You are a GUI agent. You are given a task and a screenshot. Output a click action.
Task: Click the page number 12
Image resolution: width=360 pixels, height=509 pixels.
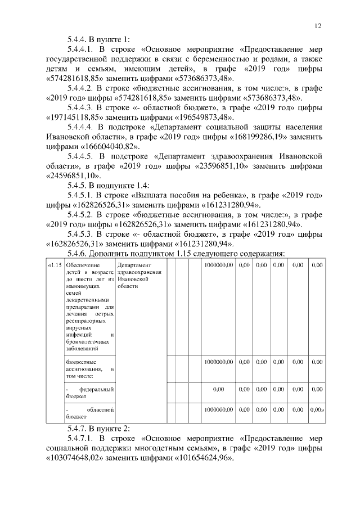317,26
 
